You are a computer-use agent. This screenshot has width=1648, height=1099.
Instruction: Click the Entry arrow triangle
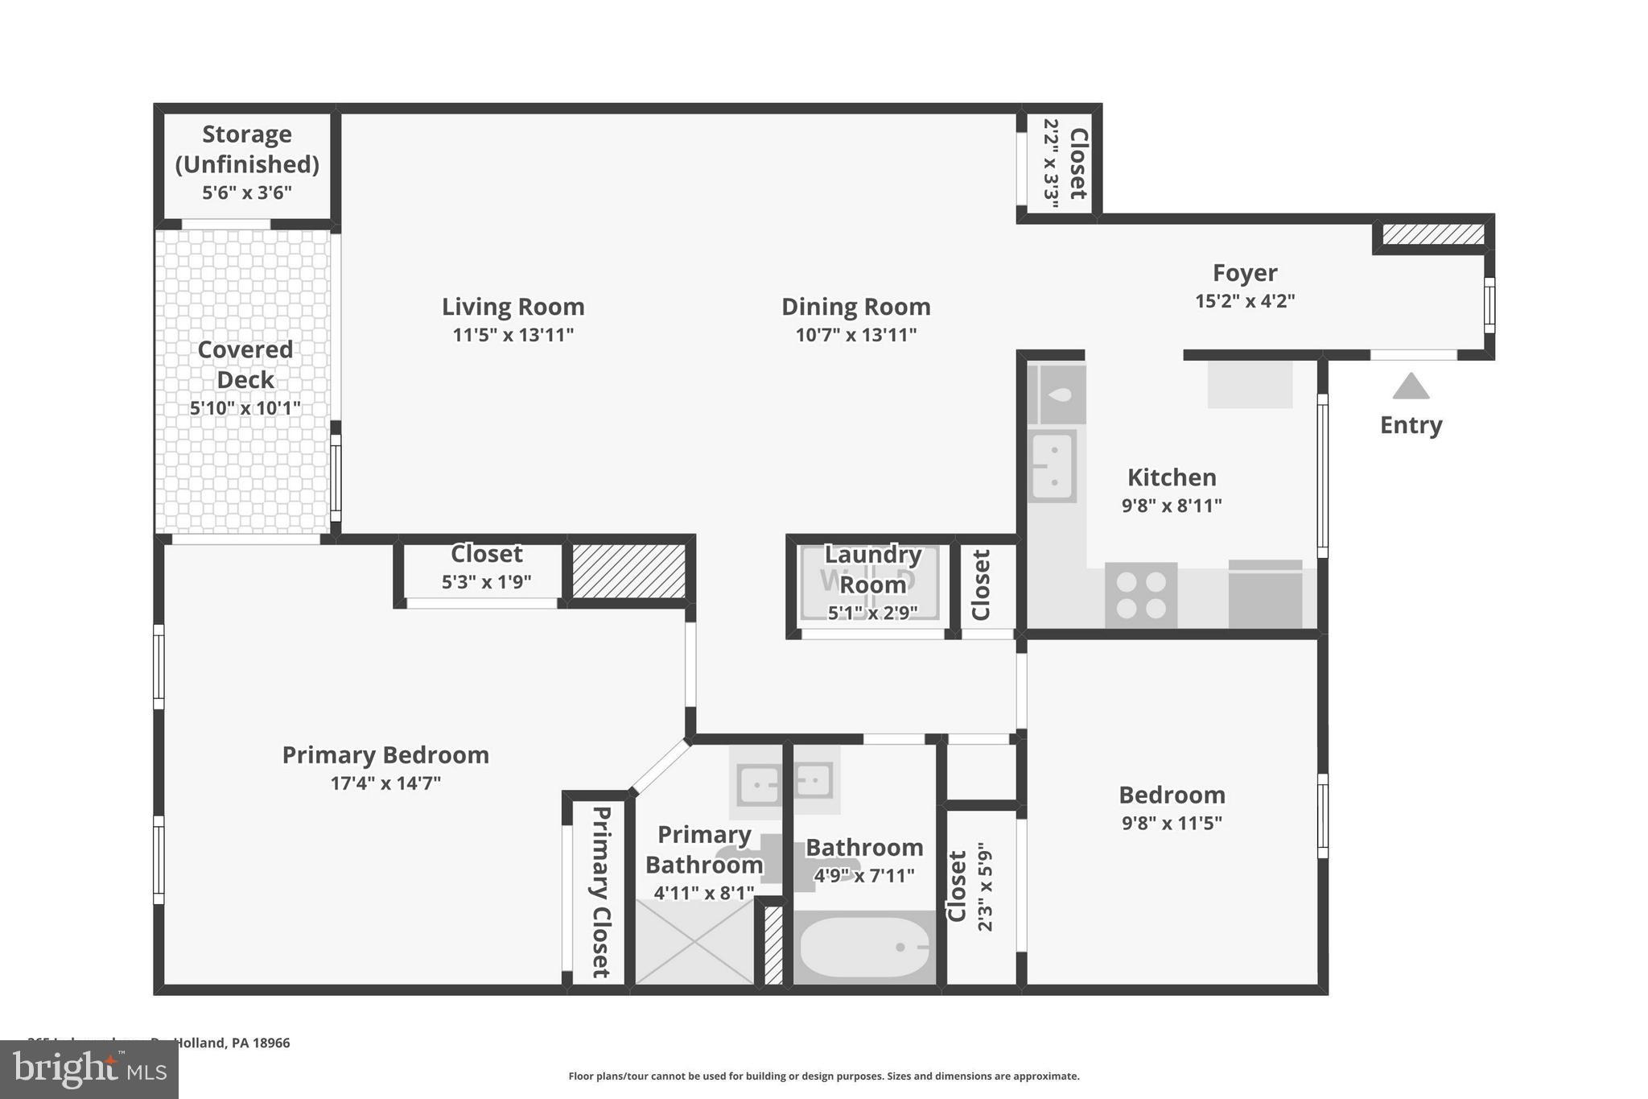1411,387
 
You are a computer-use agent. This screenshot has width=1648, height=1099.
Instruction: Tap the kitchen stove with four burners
1140,595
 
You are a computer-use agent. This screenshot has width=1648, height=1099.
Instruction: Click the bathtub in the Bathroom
865,948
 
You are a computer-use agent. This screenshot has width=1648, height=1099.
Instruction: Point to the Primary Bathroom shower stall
694,941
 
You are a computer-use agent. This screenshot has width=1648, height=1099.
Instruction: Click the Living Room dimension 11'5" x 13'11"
513,335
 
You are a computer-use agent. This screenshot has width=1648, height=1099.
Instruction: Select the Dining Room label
855,307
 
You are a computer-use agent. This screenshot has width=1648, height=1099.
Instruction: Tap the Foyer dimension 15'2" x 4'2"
1244,301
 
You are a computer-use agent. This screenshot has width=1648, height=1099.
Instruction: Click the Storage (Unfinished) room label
246,149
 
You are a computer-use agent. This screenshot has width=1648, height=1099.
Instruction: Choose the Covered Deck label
245,364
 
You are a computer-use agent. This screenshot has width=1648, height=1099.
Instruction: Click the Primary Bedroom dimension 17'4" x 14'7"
385,783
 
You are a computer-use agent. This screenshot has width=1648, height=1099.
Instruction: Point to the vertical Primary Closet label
600,891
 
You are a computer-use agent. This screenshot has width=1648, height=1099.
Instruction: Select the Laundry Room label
872,569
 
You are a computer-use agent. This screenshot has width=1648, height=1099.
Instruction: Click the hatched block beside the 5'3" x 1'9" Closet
628,571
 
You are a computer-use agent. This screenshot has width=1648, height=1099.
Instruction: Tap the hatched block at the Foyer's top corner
1433,234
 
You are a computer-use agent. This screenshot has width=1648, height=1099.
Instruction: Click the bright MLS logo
89,1069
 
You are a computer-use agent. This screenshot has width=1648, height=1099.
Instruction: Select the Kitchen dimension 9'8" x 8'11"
1171,506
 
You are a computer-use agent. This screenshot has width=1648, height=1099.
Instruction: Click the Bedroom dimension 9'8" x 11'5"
1171,823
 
